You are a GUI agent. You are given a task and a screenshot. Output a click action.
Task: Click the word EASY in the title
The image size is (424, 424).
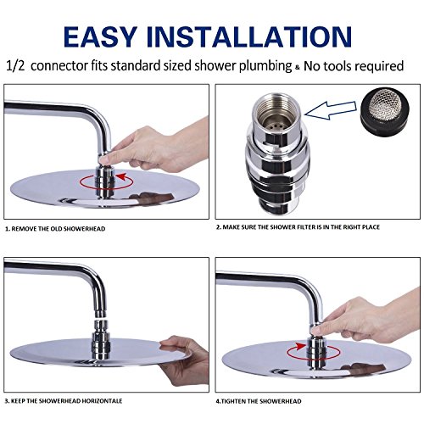tap(100, 36)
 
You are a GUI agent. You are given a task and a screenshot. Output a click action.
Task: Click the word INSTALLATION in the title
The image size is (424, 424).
tap(249, 36)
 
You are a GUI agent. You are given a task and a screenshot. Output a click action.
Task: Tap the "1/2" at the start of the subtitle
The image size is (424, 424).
tap(15, 66)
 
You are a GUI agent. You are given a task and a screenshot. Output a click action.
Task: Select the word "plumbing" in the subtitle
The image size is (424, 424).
tap(265, 66)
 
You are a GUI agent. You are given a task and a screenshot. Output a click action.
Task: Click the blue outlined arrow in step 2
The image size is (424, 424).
tap(331, 110)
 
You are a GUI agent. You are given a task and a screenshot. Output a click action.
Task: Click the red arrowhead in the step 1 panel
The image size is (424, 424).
tap(121, 177)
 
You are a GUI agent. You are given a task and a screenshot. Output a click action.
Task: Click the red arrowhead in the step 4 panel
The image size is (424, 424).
tap(301, 347)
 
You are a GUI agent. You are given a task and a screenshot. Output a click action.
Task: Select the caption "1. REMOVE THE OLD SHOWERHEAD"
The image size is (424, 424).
tap(55, 229)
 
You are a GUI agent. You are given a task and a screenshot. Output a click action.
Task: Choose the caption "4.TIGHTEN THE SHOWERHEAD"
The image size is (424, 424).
tap(259, 401)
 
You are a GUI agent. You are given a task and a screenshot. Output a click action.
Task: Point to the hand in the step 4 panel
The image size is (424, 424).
tap(367, 320)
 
